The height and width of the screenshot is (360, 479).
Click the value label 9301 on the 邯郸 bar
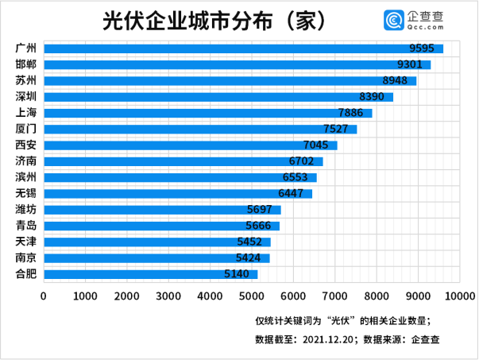[413, 64]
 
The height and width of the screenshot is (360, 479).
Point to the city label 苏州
[25, 80]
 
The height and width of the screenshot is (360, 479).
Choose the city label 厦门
[25, 129]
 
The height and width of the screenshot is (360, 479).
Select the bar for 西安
[190, 145]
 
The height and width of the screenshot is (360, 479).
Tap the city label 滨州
[25, 177]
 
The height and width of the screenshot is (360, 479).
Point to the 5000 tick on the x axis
[252, 296]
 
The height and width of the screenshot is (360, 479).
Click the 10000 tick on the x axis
[460, 296]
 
